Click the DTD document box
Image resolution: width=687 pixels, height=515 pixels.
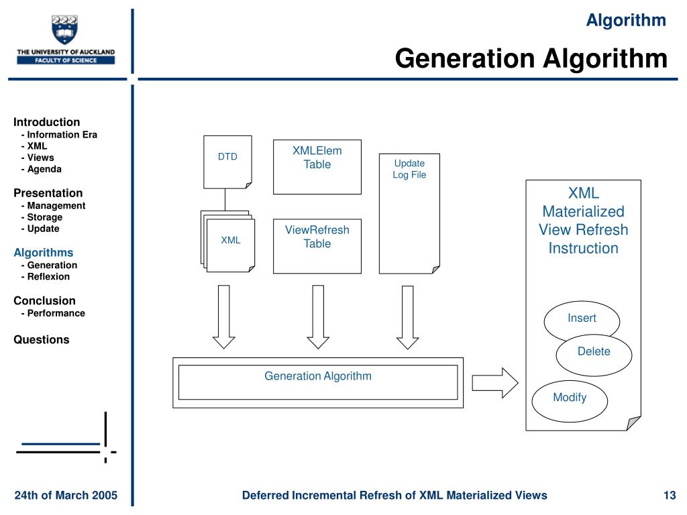pos(227,161)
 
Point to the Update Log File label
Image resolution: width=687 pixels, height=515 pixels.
pos(409,169)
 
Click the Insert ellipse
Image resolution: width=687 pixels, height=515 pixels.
pos(582,319)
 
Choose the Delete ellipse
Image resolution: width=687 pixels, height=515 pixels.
pos(594,351)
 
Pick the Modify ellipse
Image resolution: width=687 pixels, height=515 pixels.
pos(570,398)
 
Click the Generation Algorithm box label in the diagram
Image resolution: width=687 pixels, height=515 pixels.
pos(317,376)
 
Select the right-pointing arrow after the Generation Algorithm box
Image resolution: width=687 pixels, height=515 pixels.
pos(494,382)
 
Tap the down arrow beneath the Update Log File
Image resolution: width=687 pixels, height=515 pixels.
pos(407,317)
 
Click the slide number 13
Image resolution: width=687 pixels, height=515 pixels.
pos(669,496)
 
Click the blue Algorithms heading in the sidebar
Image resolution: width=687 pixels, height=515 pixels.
pos(44,253)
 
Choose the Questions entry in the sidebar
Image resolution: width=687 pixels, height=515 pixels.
pos(42,340)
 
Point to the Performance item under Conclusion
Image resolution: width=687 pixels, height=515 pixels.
pos(56,313)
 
